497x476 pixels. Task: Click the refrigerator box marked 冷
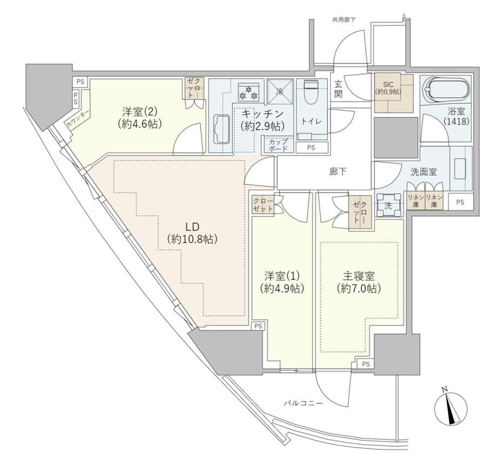click(x=280, y=91)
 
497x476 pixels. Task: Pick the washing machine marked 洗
click(x=388, y=205)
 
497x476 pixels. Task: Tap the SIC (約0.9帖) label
click(x=388, y=89)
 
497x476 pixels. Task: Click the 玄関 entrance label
click(x=338, y=89)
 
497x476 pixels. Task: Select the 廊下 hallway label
click(x=338, y=172)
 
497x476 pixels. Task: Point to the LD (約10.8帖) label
click(x=192, y=233)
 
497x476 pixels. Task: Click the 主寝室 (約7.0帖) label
click(x=359, y=283)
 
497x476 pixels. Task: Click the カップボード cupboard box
click(x=278, y=145)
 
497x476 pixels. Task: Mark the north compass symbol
click(x=450, y=405)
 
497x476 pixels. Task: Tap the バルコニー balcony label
click(x=303, y=403)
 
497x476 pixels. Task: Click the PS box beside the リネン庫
click(x=460, y=202)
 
